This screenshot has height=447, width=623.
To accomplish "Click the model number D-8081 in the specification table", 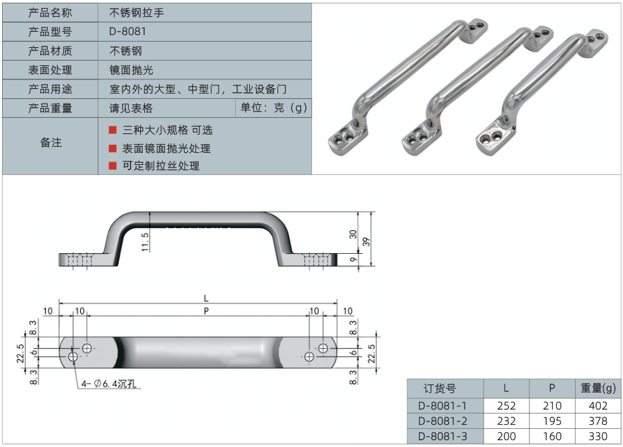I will pos(127,31).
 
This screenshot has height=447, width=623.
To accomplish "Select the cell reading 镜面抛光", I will pos(131,69).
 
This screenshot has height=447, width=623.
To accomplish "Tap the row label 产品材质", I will pos(51,50).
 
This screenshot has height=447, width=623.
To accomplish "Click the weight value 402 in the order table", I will pos(597,405).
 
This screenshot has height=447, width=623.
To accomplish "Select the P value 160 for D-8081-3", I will pos(552,436).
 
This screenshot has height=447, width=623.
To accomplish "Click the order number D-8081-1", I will pos(442,405).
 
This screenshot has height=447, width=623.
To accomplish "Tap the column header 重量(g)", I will pos(597,388).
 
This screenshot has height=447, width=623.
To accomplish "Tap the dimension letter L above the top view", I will pos(206,298).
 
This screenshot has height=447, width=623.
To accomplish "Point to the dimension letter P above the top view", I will pos(206,310).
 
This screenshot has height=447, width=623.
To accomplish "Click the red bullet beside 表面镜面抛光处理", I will pos(112,147).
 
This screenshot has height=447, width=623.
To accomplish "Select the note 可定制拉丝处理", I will pos(161,166).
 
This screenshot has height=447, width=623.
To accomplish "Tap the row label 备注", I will pos(51,142).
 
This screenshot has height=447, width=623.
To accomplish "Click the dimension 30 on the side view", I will pos(354,234).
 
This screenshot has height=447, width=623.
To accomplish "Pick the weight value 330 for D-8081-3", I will pos(597,436).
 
